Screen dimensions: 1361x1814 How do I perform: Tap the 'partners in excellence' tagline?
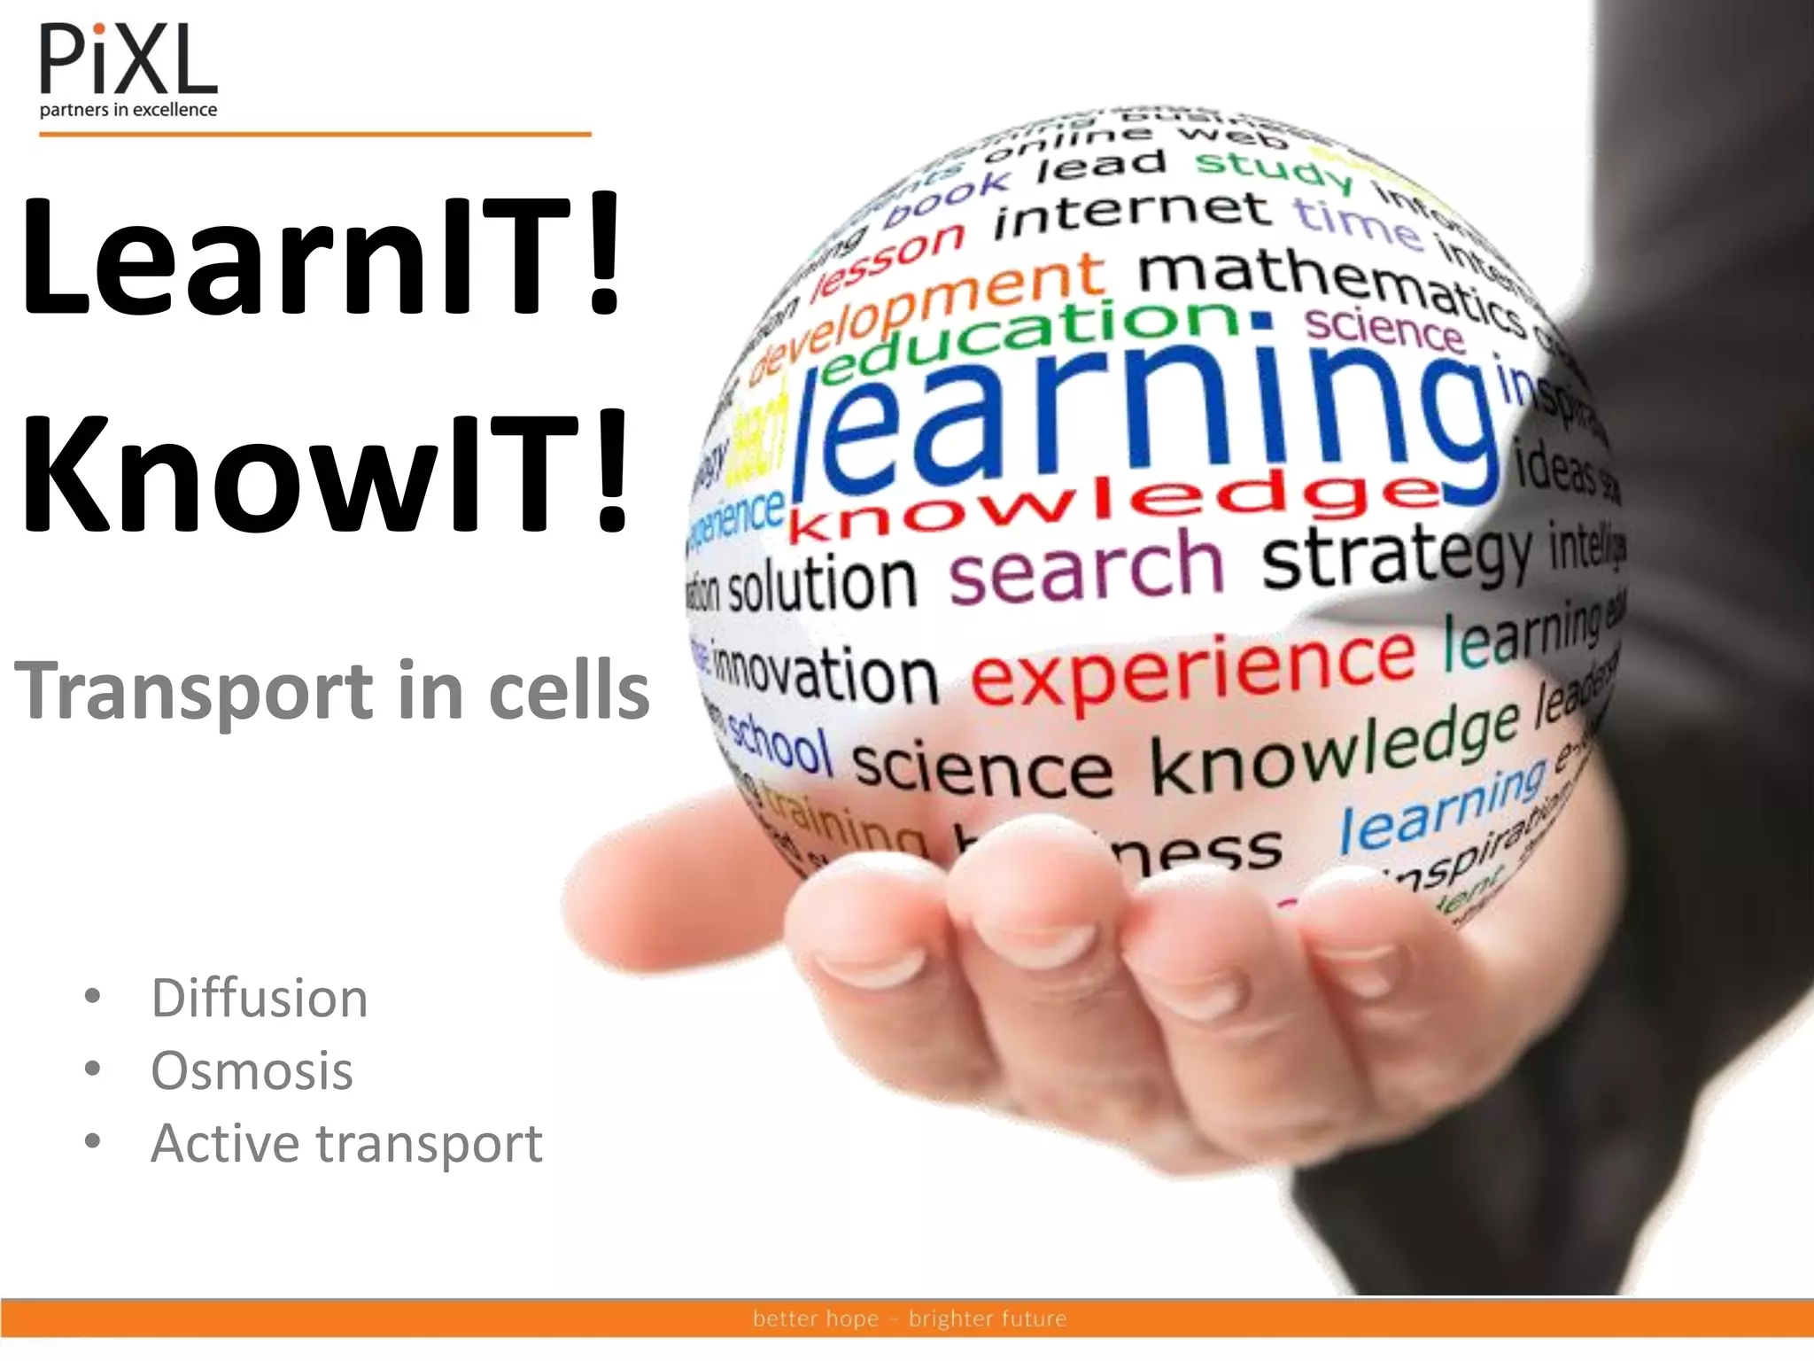point(128,110)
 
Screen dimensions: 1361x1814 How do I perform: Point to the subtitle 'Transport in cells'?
point(332,691)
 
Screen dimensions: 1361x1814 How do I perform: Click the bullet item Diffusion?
point(260,999)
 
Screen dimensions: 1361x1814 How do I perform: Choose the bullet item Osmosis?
point(252,1070)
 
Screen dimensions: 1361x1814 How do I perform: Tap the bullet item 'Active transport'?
point(346,1143)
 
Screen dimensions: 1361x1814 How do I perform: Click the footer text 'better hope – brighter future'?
point(910,1318)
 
